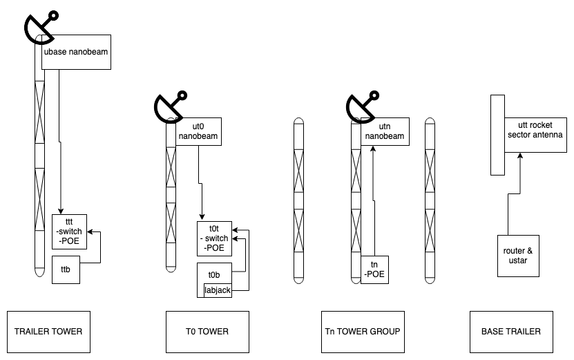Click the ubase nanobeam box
pos(76,52)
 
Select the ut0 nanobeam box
pos(199,131)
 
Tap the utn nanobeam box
pos(383,131)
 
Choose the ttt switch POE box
pos(69,231)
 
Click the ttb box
pos(66,269)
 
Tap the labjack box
pos(217,290)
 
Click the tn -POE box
pos(375,270)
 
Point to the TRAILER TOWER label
pos(48,332)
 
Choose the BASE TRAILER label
pos(512,332)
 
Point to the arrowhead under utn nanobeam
pos(373,149)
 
